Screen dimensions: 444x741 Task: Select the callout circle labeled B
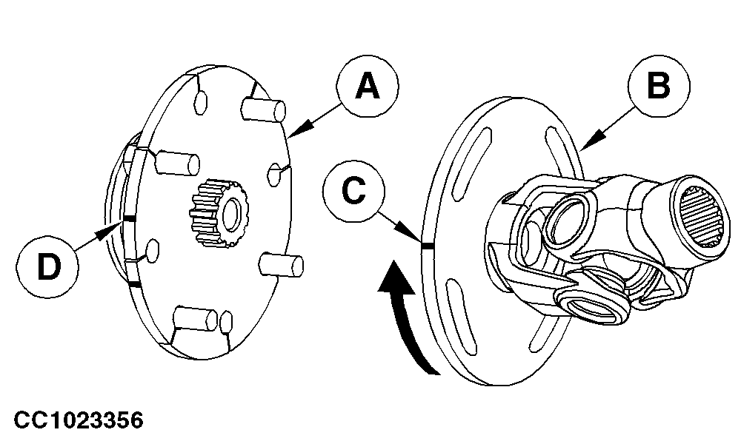coord(658,87)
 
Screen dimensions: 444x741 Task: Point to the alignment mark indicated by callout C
coord(426,245)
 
